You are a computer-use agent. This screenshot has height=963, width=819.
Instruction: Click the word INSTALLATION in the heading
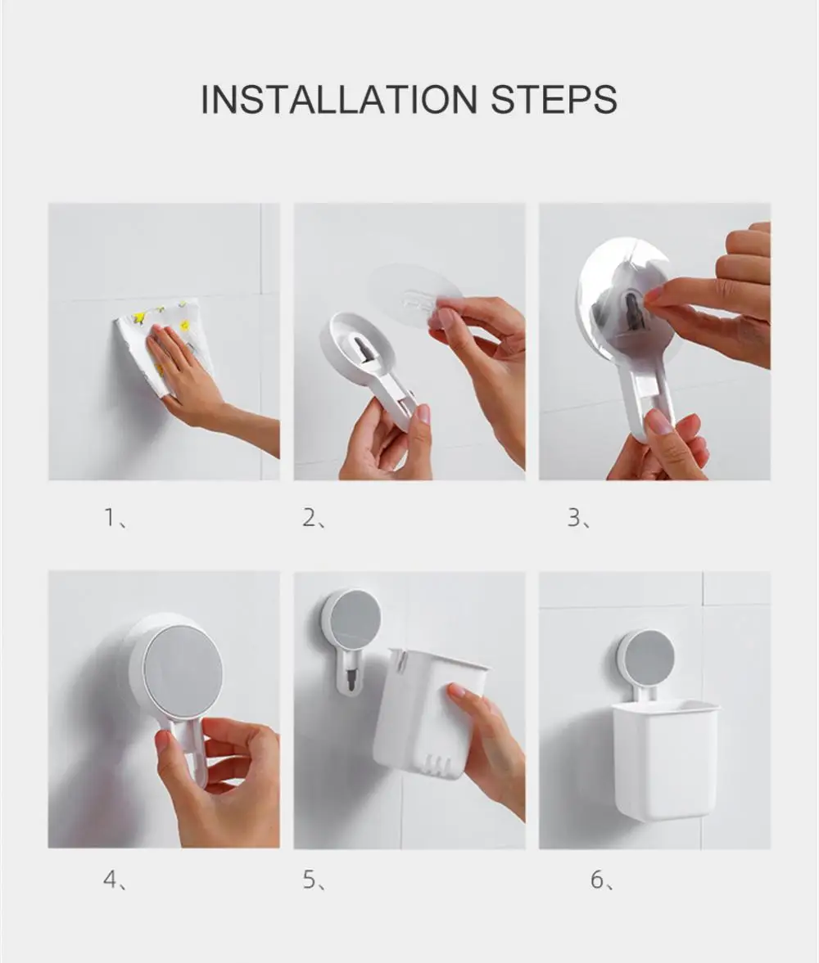pyautogui.click(x=339, y=99)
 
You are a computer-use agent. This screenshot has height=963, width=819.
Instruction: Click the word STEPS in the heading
pyautogui.click(x=554, y=99)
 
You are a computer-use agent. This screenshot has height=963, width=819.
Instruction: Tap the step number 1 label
pyautogui.click(x=115, y=519)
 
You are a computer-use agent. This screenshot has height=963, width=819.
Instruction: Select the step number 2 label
pyautogui.click(x=313, y=519)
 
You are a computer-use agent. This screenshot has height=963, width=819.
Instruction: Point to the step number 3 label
pyautogui.click(x=578, y=519)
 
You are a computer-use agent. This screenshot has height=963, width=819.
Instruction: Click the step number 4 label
pyautogui.click(x=115, y=880)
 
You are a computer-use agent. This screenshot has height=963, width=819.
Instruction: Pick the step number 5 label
pyautogui.click(x=313, y=880)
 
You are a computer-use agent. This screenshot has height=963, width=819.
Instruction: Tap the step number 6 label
pyautogui.click(x=601, y=880)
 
